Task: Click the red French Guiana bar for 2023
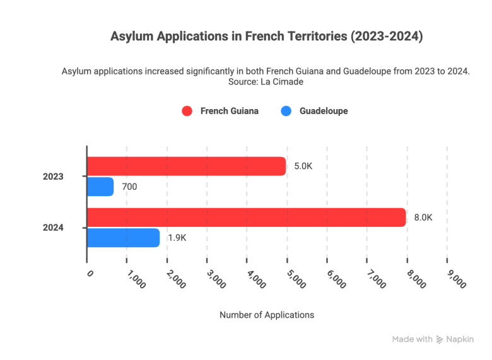(x=186, y=166)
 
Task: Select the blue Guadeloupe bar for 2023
(x=100, y=187)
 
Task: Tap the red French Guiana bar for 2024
(x=246, y=218)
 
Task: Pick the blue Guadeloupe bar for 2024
(x=123, y=238)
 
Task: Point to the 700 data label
(x=129, y=187)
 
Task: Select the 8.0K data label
(x=423, y=218)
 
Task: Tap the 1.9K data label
(x=177, y=238)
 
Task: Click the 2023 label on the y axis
(x=53, y=177)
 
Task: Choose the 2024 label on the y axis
(x=53, y=228)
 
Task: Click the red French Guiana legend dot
(x=187, y=112)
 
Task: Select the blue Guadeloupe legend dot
(x=286, y=112)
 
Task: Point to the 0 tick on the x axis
(x=90, y=274)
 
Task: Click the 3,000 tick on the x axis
(x=216, y=279)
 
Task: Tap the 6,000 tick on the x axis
(x=336, y=279)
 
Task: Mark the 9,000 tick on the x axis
(x=456, y=279)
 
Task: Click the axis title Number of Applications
(x=266, y=315)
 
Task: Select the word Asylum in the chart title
(x=129, y=37)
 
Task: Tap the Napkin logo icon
(x=440, y=339)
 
